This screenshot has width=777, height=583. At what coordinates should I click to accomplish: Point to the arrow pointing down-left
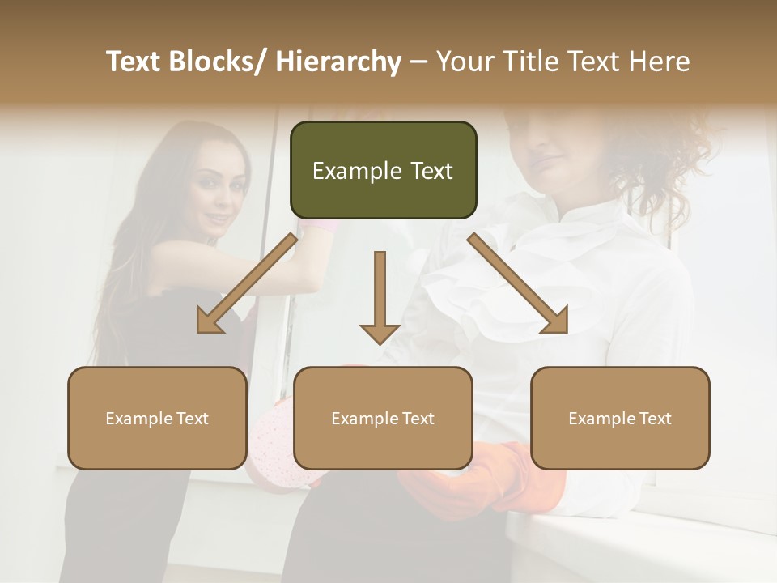tap(246, 283)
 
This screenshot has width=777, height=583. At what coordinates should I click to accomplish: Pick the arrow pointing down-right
tap(518, 283)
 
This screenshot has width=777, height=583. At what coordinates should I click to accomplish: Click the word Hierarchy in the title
tap(338, 62)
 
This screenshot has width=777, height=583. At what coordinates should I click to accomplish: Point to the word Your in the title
tap(465, 62)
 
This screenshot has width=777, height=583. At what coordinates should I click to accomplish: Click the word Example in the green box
tap(352, 171)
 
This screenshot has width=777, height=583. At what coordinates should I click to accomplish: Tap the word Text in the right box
tap(654, 419)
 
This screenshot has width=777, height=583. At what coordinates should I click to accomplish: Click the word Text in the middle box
tap(417, 419)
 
